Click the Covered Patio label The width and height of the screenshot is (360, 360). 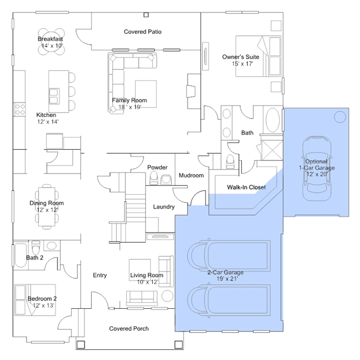(x=143, y=32)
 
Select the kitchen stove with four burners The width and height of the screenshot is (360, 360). (x=20, y=109)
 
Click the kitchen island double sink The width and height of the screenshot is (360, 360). (x=54, y=96)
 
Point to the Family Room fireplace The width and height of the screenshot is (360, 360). (x=191, y=91)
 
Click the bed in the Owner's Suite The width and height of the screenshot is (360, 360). (x=258, y=56)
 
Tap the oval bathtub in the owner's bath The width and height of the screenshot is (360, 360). (x=273, y=120)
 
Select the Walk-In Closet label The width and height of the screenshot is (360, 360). (x=246, y=188)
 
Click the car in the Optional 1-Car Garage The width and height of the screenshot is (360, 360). (x=317, y=169)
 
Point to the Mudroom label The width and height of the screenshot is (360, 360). (x=191, y=175)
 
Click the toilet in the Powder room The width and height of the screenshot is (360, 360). (x=154, y=177)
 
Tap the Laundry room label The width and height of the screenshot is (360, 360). (x=164, y=207)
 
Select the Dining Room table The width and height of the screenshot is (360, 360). (x=47, y=207)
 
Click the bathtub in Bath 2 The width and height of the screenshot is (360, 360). (x=21, y=255)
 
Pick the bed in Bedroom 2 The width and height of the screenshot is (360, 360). (x=35, y=300)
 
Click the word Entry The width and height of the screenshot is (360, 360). (x=100, y=275)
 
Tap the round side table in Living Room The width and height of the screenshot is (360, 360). (x=167, y=296)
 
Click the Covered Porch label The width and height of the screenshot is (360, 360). (x=129, y=328)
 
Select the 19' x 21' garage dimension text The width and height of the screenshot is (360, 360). (x=227, y=279)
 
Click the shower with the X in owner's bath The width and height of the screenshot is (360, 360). (x=272, y=150)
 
